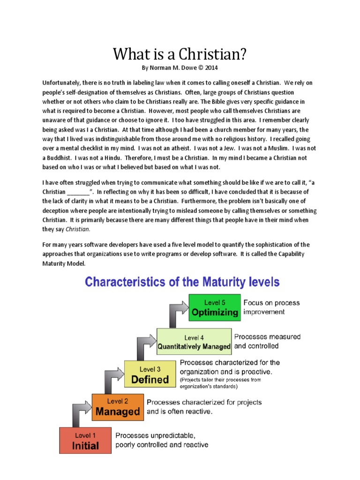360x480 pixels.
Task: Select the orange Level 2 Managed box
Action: tap(117, 407)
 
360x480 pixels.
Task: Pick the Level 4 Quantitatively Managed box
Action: tap(194, 341)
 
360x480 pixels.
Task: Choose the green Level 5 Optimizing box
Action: tap(214, 307)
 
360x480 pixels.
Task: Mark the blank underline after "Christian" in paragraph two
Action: tap(78, 192)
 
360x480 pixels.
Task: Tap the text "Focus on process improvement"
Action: tap(271, 307)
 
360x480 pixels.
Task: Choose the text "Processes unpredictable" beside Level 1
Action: tap(155, 435)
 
